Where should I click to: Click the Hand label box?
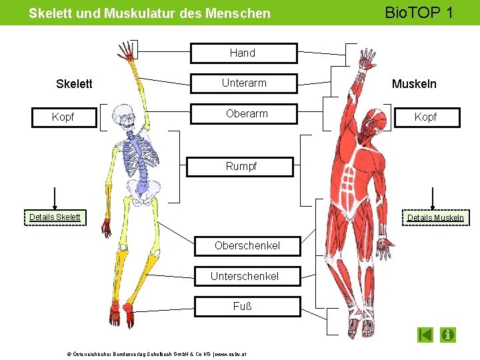pyautogui.click(x=243, y=53)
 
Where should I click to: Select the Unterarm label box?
pyautogui.click(x=243, y=83)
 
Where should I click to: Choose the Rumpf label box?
pyautogui.click(x=241, y=167)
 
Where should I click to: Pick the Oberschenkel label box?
pyautogui.click(x=247, y=246)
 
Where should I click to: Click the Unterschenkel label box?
pyautogui.click(x=245, y=276)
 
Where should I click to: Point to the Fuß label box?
pyautogui.click(x=242, y=307)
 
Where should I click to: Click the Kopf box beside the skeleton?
pyautogui.click(x=63, y=117)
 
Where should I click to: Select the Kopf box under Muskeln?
pyautogui.click(x=425, y=117)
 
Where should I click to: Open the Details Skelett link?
pyautogui.click(x=55, y=217)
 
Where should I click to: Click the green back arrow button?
pyautogui.click(x=425, y=334)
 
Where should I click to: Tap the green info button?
pyautogui.click(x=448, y=334)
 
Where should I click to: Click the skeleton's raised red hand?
pyautogui.click(x=125, y=51)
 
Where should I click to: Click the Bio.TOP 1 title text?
pyautogui.click(x=411, y=12)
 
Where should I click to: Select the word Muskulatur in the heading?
pyautogui.click(x=137, y=13)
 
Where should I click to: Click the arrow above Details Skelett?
pyautogui.click(x=55, y=198)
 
